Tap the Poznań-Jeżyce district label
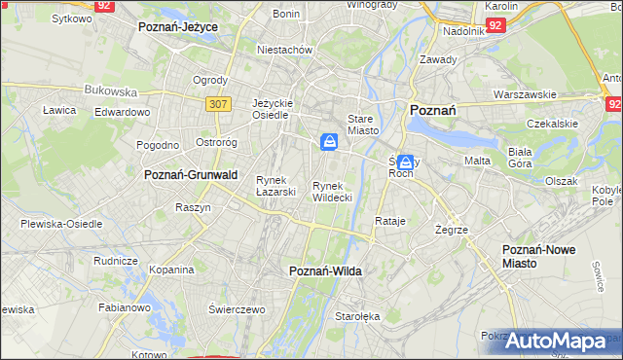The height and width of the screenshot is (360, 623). [178, 27]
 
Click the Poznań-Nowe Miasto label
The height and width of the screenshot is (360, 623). [539, 257]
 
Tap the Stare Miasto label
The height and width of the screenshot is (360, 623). [361, 124]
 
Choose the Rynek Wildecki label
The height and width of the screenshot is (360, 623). [332, 191]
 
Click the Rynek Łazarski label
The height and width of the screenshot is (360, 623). [275, 186]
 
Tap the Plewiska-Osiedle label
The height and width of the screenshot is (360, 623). [61, 224]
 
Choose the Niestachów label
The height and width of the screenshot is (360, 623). [283, 49]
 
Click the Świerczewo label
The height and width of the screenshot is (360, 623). [237, 308]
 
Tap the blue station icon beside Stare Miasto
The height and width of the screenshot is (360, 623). [330, 143]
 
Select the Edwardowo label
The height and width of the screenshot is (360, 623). [122, 112]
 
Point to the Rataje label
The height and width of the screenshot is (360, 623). [389, 221]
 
